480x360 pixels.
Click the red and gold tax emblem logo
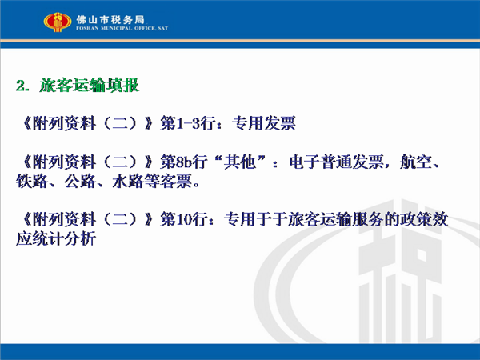(58, 22)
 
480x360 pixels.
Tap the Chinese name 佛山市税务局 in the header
(110, 19)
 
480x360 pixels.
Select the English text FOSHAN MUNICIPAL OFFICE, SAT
(122, 28)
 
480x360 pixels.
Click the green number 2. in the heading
(22, 86)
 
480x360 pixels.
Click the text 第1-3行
(187, 123)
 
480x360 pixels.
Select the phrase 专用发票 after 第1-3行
(263, 123)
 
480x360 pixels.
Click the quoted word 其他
(240, 162)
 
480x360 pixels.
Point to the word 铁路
(32, 182)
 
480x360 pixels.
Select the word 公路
(80, 182)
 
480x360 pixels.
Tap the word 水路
(128, 182)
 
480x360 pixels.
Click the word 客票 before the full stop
(176, 182)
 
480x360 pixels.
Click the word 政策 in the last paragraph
(416, 219)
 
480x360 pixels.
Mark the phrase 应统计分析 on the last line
(56, 238)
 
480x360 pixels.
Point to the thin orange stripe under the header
(240, 41)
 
